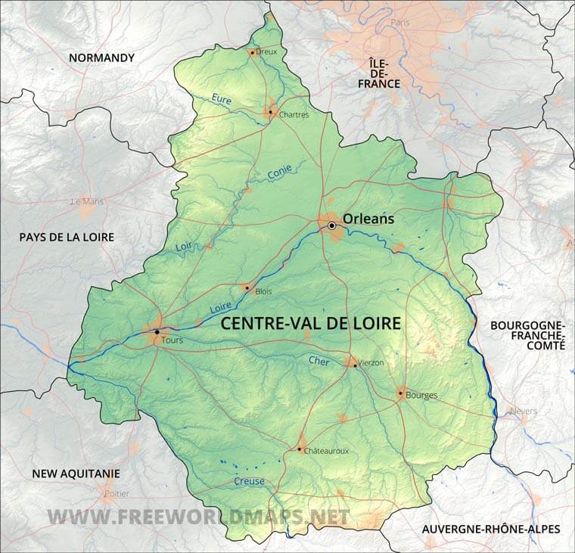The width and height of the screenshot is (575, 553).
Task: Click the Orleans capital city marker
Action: [x=331, y=225]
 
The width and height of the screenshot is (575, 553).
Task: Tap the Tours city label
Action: [x=172, y=340]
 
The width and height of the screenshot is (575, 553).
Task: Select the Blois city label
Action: [x=263, y=291]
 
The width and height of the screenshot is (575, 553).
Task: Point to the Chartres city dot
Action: [x=269, y=112]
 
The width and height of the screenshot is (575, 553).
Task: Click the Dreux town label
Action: [x=267, y=51]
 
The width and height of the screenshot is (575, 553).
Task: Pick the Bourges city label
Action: [x=421, y=395]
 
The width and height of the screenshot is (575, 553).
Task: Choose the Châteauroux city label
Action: [x=326, y=450]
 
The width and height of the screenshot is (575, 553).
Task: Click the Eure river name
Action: [x=222, y=99]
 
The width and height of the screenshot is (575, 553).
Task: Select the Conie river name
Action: [x=280, y=172]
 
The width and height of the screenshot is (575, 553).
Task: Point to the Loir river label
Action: [x=184, y=246]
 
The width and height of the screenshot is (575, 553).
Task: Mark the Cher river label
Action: [x=319, y=361]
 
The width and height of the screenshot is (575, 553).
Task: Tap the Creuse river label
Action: [x=250, y=481]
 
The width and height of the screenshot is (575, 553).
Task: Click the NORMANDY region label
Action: [x=101, y=57]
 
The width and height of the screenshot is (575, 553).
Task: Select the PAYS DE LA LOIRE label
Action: [x=67, y=237]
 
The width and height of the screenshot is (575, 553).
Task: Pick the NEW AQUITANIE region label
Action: [x=76, y=474]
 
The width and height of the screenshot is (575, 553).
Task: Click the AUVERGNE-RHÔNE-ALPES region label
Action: [x=491, y=529]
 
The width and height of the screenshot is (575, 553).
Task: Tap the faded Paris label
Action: [x=399, y=23]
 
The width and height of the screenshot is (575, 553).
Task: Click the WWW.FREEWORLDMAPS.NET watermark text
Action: [x=199, y=517]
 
